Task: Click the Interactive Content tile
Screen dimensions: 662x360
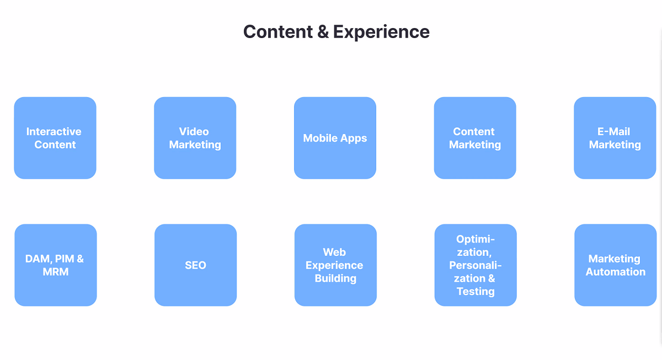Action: pos(55,138)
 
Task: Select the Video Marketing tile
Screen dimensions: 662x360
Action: pos(195,138)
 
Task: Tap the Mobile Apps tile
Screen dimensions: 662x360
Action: pos(335,138)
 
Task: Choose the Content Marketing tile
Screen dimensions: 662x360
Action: pos(475,138)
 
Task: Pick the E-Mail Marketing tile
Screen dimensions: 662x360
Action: pos(615,138)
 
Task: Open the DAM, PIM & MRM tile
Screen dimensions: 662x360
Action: pos(56,265)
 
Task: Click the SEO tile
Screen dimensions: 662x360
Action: pos(196,265)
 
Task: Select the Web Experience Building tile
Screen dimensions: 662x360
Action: pos(335,265)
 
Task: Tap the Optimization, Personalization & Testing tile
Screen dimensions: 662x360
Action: pos(476,265)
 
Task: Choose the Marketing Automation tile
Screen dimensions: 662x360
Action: pos(616,265)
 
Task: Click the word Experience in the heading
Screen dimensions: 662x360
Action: pos(381,32)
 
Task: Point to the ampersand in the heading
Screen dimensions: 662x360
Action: pos(323,31)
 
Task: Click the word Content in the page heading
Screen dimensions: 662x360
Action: pos(278,31)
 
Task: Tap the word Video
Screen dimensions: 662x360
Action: pos(194,131)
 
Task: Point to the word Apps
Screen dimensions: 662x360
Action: pos(353,138)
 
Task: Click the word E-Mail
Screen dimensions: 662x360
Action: pos(613,131)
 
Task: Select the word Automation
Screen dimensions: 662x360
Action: pos(616,272)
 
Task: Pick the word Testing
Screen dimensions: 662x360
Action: pos(476,292)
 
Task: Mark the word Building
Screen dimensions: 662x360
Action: pos(335,278)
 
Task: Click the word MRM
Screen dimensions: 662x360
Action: pos(56,272)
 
